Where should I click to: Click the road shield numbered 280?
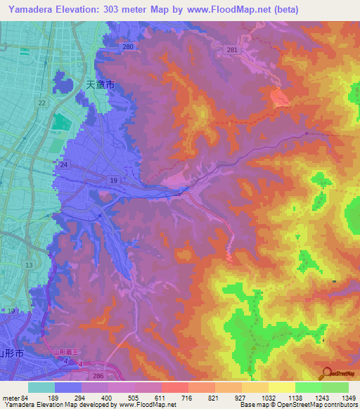tap(127, 47)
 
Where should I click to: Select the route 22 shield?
tap(42, 103)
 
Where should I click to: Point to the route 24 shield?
tap(64, 164)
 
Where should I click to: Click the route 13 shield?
tap(29, 265)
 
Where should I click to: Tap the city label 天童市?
tap(100, 84)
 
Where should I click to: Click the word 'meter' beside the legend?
tap(11, 398)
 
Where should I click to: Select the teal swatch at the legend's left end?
tap(41, 387)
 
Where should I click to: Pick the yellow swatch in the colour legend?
tap(281, 387)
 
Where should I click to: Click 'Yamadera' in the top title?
tap(29, 9)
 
